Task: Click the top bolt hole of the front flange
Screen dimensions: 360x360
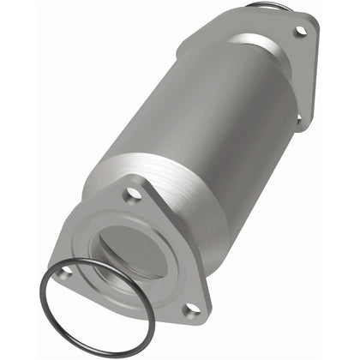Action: click(x=132, y=195)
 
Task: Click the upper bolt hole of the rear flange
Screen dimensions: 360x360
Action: click(x=300, y=31)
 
